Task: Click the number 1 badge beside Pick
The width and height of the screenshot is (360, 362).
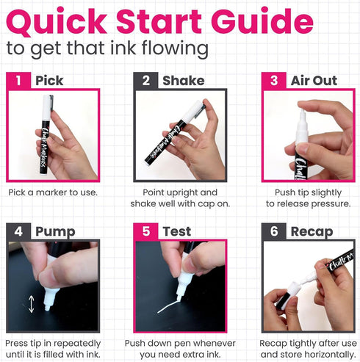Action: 18,80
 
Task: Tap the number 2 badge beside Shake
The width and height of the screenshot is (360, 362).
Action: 145,80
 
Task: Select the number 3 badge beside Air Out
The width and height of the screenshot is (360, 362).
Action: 274,80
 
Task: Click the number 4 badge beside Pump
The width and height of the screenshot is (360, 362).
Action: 18,231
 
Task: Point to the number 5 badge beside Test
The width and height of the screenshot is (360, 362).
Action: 145,231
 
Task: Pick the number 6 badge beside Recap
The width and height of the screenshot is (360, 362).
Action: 274,231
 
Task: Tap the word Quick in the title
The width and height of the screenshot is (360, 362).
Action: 57,22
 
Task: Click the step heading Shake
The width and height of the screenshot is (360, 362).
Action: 184,81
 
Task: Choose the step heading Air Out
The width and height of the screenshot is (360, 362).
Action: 314,81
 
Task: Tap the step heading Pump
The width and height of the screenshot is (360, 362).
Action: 55,232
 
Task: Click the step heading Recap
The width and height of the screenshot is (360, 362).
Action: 312,232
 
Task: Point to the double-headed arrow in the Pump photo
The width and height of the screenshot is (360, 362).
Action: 31,304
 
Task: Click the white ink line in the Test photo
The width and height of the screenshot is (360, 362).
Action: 168,307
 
